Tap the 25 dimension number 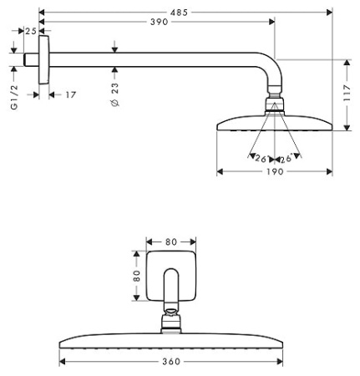pos(31,31)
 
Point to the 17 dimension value pos(70,94)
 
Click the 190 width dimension pos(274,171)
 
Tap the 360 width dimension pos(170,363)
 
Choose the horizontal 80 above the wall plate pos(170,243)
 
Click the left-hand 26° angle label pos(260,157)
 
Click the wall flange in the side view pos(43,59)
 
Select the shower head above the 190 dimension pos(274,123)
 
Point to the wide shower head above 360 pos(170,343)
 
